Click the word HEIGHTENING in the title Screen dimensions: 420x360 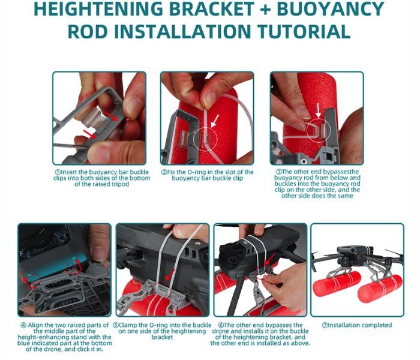[x=98, y=8]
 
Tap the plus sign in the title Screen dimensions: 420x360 [x=265, y=8]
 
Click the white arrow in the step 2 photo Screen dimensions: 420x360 [x=215, y=121]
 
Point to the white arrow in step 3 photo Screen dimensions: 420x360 [x=318, y=110]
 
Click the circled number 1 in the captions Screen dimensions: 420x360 [x=58, y=172]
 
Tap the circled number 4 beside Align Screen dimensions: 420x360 [x=23, y=325]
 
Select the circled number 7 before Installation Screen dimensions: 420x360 [x=325, y=325]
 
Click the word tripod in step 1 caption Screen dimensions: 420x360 [x=120, y=184]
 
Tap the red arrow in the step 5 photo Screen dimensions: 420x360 [x=170, y=275]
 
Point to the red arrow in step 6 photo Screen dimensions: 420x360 [x=270, y=260]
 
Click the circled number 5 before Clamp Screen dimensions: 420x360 [x=116, y=325]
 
